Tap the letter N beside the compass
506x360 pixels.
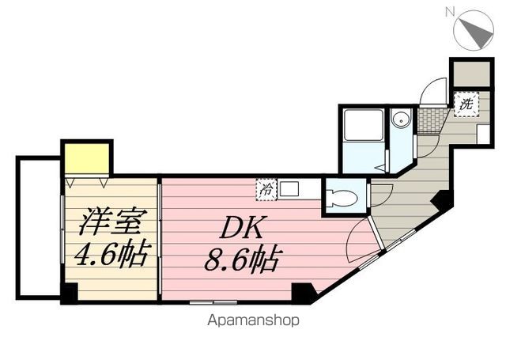(450, 11)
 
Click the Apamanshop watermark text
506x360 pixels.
(253, 320)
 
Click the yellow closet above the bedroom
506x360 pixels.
(86, 158)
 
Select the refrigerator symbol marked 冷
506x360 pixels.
(266, 189)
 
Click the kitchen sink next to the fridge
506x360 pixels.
(289, 189)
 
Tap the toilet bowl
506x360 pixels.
(342, 198)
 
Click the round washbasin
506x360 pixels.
(401, 120)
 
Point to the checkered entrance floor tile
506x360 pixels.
(430, 119)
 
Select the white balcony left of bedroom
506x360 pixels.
(39, 226)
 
